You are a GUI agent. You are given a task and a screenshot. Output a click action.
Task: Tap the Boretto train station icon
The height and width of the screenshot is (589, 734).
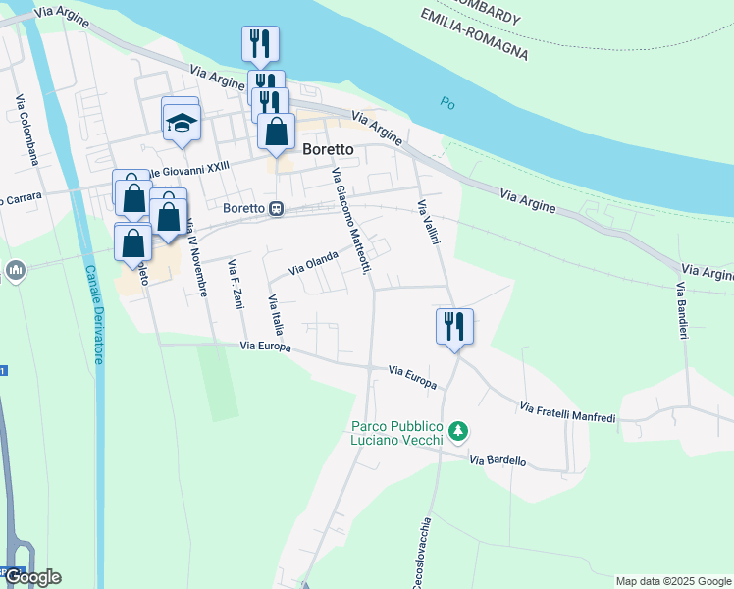point(278,209)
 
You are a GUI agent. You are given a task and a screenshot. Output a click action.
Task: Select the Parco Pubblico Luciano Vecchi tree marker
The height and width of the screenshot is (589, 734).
point(458,431)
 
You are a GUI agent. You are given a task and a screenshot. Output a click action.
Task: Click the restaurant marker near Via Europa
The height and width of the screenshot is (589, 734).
point(454,326)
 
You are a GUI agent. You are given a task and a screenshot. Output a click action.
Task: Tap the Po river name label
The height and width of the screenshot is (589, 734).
point(448,102)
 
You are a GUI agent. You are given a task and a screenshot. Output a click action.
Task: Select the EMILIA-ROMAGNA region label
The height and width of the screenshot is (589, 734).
point(474,34)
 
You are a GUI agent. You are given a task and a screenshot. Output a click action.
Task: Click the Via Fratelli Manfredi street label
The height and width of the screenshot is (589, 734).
point(567,413)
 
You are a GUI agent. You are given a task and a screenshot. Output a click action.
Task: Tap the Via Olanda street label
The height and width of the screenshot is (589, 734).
point(313,262)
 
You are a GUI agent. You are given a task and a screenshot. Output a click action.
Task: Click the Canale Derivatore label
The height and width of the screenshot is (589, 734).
point(93,314)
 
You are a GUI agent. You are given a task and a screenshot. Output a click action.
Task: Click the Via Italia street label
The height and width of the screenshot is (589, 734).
point(276,314)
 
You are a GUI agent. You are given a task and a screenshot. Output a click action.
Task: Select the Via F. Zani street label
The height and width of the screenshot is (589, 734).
point(235,285)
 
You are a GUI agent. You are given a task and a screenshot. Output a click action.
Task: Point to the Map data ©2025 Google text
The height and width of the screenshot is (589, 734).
point(672,581)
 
